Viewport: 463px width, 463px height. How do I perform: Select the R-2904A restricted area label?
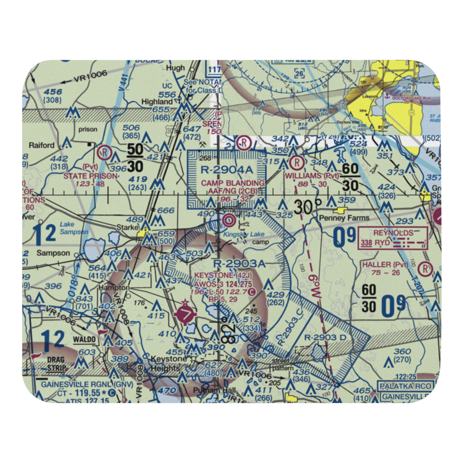point(227,170)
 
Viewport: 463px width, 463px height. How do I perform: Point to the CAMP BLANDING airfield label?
point(233,183)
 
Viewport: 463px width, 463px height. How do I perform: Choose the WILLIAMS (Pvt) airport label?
point(312,176)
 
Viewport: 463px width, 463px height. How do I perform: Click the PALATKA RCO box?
point(405,386)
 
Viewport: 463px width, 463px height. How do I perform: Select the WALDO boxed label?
point(85,339)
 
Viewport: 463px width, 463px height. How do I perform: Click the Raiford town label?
point(42,145)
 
